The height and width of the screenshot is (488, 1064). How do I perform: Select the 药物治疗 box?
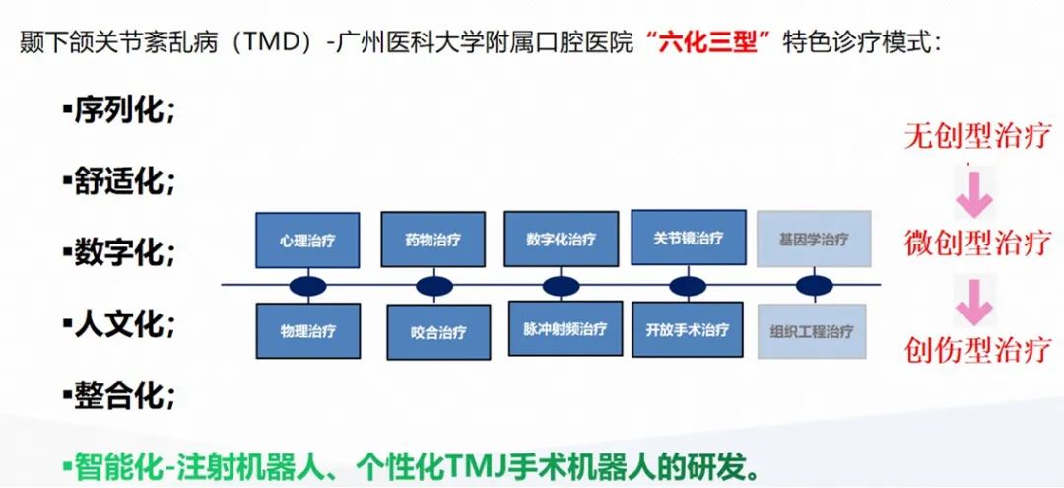pyautogui.click(x=432, y=240)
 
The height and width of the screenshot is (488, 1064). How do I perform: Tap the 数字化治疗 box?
pyautogui.click(x=561, y=239)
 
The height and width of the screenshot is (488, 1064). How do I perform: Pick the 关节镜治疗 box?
pyautogui.click(x=688, y=238)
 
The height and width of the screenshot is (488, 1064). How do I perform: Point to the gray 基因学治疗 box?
pyautogui.click(x=813, y=240)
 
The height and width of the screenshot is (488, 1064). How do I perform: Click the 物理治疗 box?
pyautogui.click(x=307, y=331)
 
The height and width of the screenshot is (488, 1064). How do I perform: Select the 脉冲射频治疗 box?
pyautogui.click(x=561, y=329)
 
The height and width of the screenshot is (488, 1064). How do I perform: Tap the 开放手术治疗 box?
pyautogui.click(x=688, y=329)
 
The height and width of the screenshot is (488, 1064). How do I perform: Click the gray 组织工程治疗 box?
pyautogui.click(x=812, y=331)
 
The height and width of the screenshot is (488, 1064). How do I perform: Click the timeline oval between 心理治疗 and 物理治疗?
pyautogui.click(x=307, y=286)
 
